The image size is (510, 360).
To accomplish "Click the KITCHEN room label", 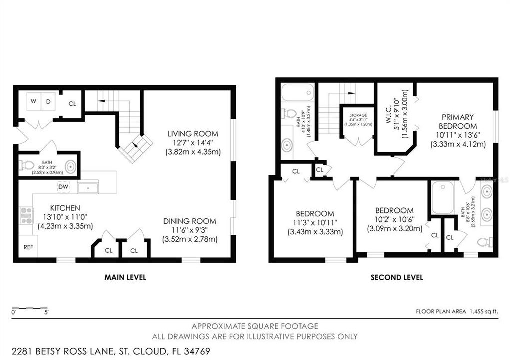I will pyautogui.click(x=65, y=208).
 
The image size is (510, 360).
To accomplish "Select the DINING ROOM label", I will pyautogui.click(x=190, y=221).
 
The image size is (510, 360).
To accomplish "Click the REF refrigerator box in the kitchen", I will pyautogui.click(x=28, y=247).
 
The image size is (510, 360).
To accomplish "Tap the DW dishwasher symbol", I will pyautogui.click(x=63, y=187).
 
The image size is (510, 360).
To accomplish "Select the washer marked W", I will pyautogui.click(x=34, y=102).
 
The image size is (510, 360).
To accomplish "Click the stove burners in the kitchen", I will pyautogui.click(x=26, y=215).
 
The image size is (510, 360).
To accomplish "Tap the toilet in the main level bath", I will pyautogui.click(x=27, y=165).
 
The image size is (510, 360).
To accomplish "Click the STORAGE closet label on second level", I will pyautogui.click(x=358, y=116).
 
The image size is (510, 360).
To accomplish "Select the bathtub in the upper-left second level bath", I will pyautogui.click(x=297, y=94).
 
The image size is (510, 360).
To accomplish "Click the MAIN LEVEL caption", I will pyautogui.click(x=125, y=277).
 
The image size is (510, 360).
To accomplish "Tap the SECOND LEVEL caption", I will pyautogui.click(x=397, y=277).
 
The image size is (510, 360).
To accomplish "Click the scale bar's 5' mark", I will pyautogui.click(x=46, y=313).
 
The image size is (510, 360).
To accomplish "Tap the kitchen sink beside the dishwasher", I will pyautogui.click(x=89, y=187).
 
